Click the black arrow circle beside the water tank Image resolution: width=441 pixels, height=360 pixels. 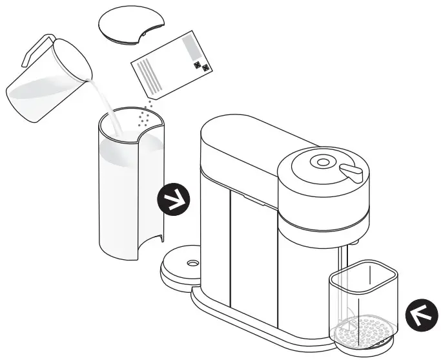pyautogui.click(x=175, y=201)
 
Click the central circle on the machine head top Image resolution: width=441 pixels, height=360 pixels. pyautogui.click(x=323, y=162)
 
